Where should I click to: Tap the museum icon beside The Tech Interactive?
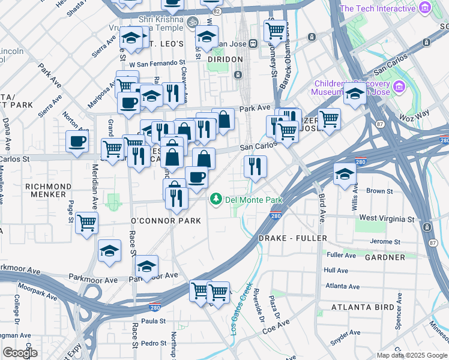426,8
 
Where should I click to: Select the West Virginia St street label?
387,218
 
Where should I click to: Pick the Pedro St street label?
154,343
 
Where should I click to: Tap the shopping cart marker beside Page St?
87,223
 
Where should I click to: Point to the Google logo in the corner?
20,353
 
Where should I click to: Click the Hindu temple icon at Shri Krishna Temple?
192,22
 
